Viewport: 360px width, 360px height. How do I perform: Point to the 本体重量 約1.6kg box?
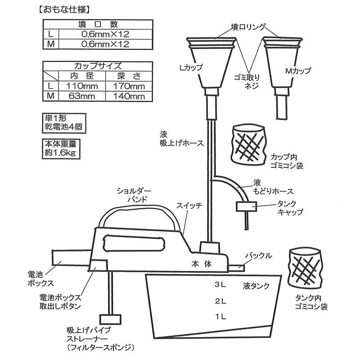(60, 148)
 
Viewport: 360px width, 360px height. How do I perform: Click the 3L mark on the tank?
(220, 285)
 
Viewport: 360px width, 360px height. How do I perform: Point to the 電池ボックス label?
(42, 279)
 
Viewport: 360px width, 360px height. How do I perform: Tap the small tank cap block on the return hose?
(246, 207)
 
